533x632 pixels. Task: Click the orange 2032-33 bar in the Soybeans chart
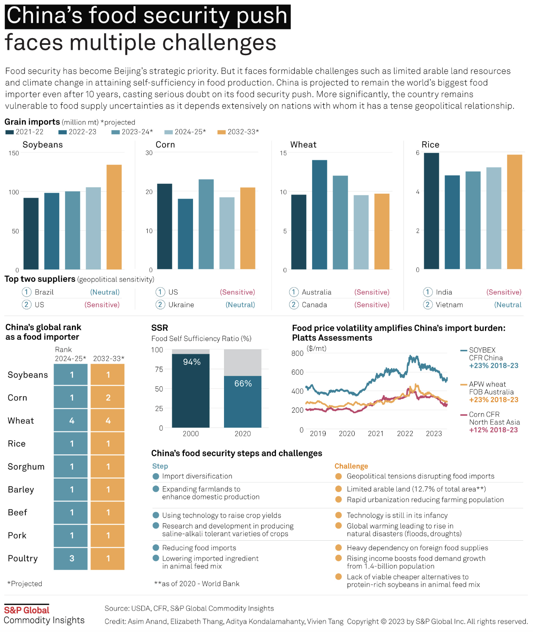click(x=114, y=217)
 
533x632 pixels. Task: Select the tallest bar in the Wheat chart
click(x=319, y=214)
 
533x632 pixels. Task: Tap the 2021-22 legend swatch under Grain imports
click(x=10, y=132)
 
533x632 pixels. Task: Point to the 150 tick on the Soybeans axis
click(x=14, y=153)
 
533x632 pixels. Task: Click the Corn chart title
click(x=165, y=145)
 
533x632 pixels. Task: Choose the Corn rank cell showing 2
click(x=108, y=397)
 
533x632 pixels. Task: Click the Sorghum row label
click(x=26, y=466)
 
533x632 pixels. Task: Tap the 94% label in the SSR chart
click(x=191, y=362)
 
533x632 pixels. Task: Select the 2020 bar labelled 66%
click(x=243, y=401)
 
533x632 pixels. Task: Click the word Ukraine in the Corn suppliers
click(x=181, y=305)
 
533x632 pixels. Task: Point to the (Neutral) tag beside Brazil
click(x=105, y=292)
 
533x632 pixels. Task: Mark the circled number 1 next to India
click(x=427, y=292)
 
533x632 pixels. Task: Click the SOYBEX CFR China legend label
click(x=485, y=354)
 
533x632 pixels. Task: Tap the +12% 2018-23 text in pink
click(x=493, y=430)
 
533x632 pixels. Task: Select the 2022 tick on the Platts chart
click(x=405, y=434)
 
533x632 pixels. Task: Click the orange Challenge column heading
click(x=351, y=466)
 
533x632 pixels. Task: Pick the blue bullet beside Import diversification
click(x=156, y=476)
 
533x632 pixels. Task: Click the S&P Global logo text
click(x=27, y=610)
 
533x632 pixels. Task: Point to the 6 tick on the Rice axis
click(x=417, y=153)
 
